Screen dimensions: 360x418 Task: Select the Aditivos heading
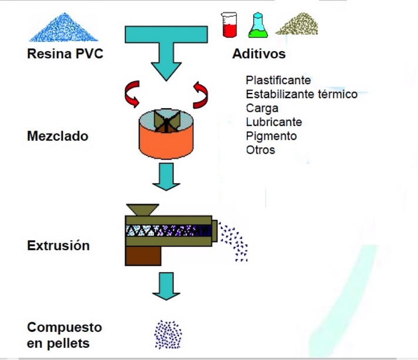pos(259,55)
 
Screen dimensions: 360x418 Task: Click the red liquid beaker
pos(229,25)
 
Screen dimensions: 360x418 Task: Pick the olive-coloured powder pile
pos(297,24)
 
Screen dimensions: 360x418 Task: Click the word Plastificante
pos(278,80)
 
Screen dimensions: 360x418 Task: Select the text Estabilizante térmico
pos(302,94)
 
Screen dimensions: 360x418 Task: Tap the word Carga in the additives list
pos(262,108)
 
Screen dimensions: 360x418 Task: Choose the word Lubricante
pos(274,122)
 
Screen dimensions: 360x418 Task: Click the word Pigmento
pos(272,136)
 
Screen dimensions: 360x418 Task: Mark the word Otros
pos(260,150)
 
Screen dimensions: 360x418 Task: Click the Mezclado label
pos(58,136)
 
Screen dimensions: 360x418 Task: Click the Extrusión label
pos(58,245)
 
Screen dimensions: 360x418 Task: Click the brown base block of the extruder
pos(143,255)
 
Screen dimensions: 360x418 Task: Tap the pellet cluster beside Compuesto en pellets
pos(168,334)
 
